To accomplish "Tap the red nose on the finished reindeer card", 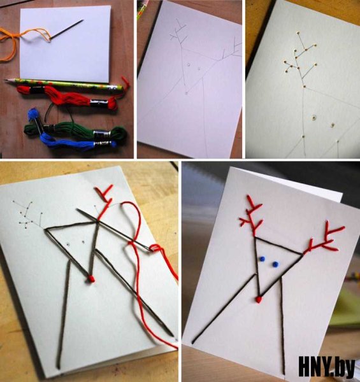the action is click(259, 299).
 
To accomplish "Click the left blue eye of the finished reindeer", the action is click(263, 258).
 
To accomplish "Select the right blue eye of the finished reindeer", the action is click(275, 264).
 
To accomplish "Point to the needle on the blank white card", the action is click(66, 29).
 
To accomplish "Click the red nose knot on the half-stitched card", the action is click(91, 279).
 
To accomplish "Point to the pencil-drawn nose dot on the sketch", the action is click(187, 93).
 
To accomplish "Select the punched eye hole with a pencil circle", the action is click(314, 118).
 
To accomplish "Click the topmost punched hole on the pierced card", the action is click(298, 32).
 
